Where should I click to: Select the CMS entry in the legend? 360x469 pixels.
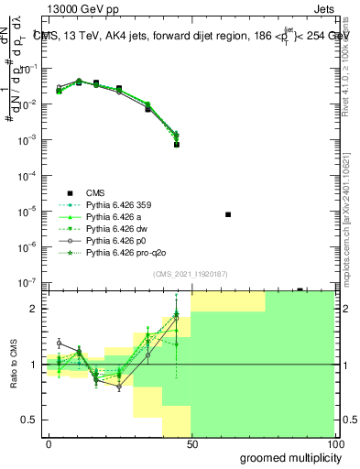[95, 192]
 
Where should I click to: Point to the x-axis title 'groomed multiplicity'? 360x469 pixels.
[287, 457]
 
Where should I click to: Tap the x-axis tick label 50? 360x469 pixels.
[191, 443]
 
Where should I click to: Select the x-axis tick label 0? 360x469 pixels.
[49, 443]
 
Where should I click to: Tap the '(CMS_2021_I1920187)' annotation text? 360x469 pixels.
[191, 274]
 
